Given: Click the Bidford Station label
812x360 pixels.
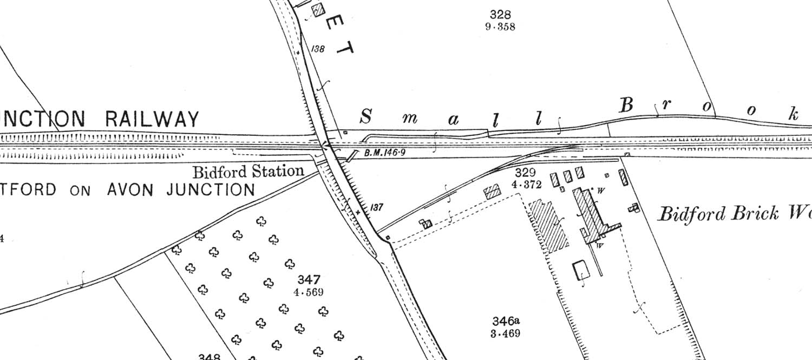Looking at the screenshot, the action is coord(248,172).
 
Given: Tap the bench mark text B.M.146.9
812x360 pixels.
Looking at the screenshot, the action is coord(384,153).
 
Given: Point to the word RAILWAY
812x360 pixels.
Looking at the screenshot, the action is coord(152,119).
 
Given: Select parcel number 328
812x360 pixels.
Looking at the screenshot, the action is coord(500,15).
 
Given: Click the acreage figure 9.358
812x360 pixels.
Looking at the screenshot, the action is coord(500,27).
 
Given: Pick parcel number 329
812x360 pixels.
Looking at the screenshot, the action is coord(525,173).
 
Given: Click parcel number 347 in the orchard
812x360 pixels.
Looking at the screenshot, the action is coord(309,280).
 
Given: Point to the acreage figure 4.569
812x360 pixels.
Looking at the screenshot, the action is coord(309,292).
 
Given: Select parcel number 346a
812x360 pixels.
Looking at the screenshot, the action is coord(506,320).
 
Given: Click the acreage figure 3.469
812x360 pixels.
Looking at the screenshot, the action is coord(506,333).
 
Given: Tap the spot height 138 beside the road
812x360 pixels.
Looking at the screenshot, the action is coord(318,49).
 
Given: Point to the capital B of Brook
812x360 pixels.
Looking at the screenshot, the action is coord(626,105).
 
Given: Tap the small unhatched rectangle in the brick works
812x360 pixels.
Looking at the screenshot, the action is coord(581,269).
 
